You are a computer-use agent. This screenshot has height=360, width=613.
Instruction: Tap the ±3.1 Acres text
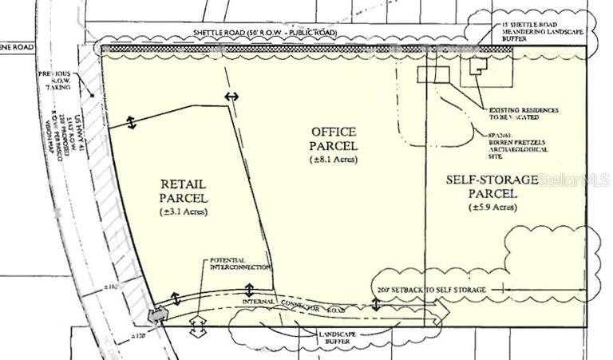[x=184, y=212]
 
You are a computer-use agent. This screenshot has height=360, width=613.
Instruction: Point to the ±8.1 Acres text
[x=334, y=160]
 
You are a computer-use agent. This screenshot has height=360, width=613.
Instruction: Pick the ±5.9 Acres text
[x=492, y=208]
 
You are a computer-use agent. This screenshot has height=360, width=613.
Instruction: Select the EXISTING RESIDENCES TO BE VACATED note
[x=523, y=112]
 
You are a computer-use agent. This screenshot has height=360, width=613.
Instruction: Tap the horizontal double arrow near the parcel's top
[x=231, y=97]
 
